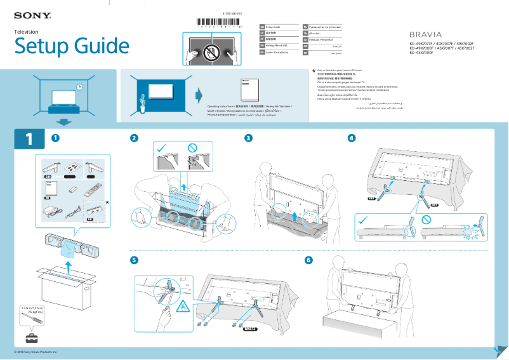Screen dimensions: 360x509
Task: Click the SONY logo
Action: coord(32,13)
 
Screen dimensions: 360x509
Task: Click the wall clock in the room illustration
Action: coord(79,87)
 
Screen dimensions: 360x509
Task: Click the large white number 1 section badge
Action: coord(29,139)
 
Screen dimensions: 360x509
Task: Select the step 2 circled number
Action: coord(134,138)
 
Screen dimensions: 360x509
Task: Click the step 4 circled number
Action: coord(352,138)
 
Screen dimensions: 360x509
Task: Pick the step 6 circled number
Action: coord(309,260)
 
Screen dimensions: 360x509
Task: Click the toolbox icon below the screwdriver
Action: coord(30,337)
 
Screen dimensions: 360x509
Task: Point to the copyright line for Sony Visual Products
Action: coord(36,351)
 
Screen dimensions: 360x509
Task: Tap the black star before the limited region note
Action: coord(314,72)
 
